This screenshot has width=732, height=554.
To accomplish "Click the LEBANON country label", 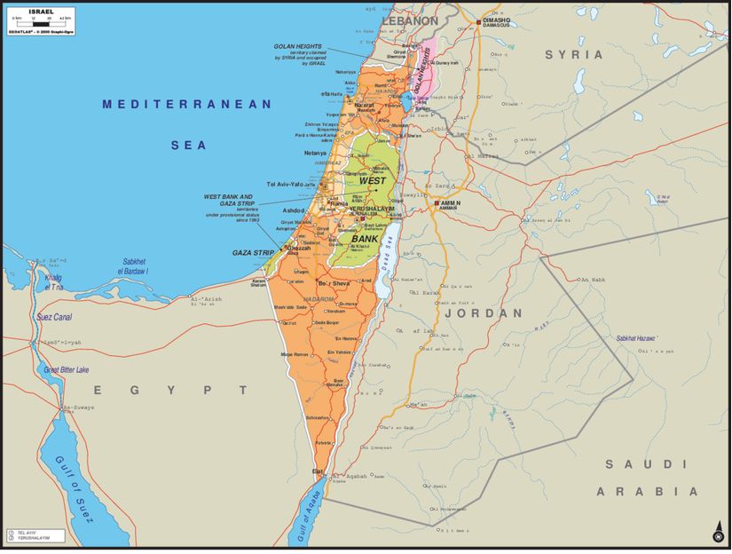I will click(410, 20).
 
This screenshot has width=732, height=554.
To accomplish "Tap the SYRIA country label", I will click(574, 55).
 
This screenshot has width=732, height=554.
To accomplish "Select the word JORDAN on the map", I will click(484, 313).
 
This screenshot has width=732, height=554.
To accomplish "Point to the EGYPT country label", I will click(172, 390).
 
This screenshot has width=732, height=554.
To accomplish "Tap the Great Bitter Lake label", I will click(67, 369).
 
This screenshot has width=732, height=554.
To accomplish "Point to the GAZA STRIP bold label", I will click(253, 253).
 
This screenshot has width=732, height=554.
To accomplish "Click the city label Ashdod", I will click(294, 210).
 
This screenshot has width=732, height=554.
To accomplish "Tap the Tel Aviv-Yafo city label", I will click(285, 184).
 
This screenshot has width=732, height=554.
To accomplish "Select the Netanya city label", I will click(315, 153).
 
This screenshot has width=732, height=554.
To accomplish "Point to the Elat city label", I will click(318, 471).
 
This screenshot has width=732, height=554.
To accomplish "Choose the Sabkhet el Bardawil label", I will click(135, 265).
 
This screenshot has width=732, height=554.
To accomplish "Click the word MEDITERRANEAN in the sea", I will click(186, 105).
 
